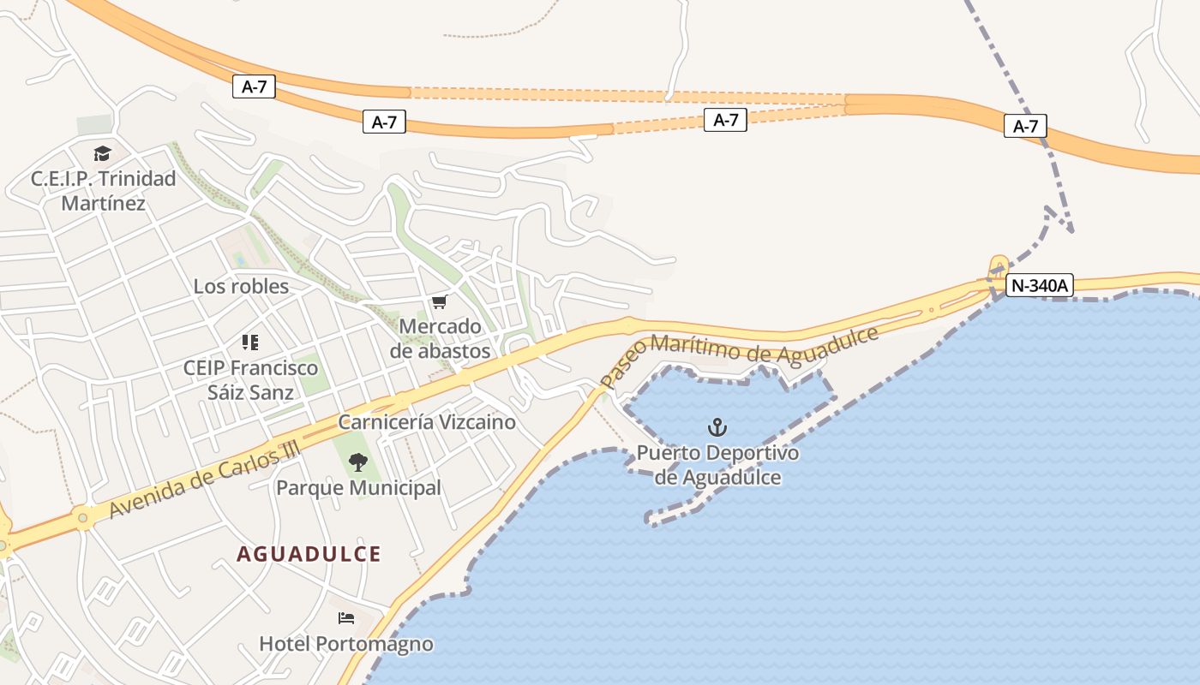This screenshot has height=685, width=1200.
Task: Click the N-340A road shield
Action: [x=1039, y=285]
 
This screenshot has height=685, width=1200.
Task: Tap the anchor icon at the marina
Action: [x=717, y=426]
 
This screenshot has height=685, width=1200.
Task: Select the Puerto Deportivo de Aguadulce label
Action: [x=717, y=465]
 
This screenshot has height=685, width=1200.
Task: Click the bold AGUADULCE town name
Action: [x=309, y=554]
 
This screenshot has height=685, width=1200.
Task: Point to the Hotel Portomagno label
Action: [x=346, y=644]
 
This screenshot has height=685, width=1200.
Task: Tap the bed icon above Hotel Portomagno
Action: [x=346, y=618]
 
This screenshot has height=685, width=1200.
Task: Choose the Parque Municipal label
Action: [x=358, y=488]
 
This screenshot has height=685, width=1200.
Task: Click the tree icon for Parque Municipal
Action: [x=358, y=462]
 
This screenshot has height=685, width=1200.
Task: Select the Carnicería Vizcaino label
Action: [x=427, y=422]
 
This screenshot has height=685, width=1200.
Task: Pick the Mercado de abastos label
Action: [x=441, y=339]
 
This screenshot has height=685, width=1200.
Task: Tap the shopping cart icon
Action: [x=440, y=301]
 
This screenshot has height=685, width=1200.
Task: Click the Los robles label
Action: [x=241, y=286]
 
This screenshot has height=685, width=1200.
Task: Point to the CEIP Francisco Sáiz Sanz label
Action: [x=250, y=380]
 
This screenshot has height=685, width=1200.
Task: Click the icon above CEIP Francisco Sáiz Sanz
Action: [x=250, y=342]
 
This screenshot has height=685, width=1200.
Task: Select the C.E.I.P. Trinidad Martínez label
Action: [x=103, y=191]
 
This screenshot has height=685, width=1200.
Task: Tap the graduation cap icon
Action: [x=103, y=154]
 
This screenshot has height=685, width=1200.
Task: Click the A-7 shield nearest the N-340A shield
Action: [x=1025, y=127]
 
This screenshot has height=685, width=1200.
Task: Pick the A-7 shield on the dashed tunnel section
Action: [x=725, y=120]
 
